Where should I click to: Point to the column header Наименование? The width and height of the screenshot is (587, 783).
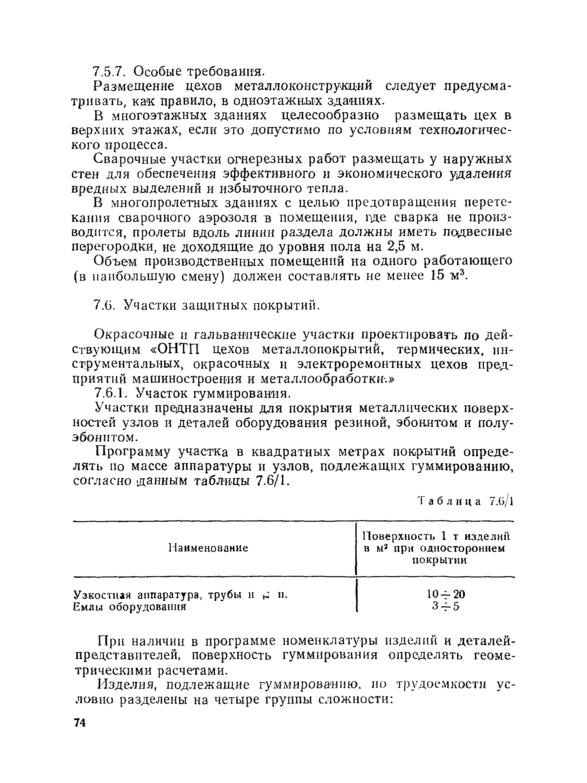click(x=208, y=548)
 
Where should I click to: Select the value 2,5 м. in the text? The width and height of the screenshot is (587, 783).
click(x=405, y=246)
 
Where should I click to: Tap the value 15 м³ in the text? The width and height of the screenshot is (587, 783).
click(x=449, y=275)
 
